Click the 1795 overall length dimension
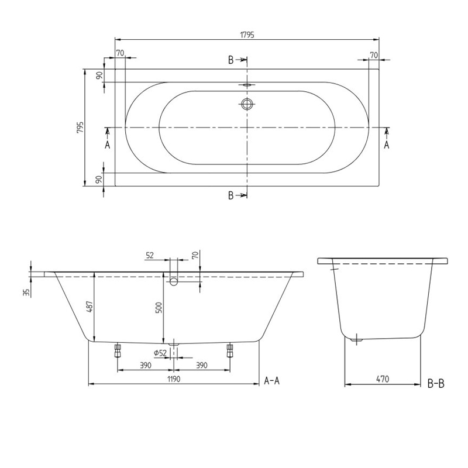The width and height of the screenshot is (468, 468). coord(247,35)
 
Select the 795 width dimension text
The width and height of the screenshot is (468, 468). coord(81,128)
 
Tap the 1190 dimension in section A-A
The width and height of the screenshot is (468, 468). coord(173,378)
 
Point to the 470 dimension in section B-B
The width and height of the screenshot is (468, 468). coord(383,378)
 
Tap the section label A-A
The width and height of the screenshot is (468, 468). coord(273,381)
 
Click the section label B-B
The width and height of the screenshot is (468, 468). coord(436,383)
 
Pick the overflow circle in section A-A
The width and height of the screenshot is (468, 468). coord(173,282)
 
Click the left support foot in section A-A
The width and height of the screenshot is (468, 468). coord(118,350)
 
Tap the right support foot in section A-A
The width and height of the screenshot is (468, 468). coord(229,350)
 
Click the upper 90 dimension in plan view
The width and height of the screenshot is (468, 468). coord(100,75)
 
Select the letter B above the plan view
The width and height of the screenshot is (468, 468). coord(231,59)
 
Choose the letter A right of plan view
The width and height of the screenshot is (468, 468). coord(386,144)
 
